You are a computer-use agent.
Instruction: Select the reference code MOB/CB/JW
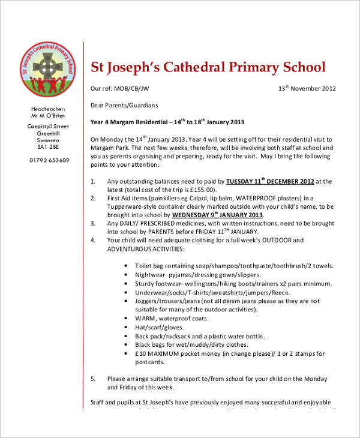pyautogui.click(x=133, y=88)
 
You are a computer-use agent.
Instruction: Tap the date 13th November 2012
pyautogui.click(x=307, y=88)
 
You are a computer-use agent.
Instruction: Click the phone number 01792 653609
pyautogui.click(x=49, y=160)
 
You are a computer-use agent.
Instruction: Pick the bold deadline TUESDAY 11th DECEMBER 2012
pyautogui.click(x=270, y=181)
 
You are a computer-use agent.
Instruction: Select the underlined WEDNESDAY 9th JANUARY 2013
pyautogui.click(x=218, y=214)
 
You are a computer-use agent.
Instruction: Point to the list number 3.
pyautogui.click(x=92, y=223)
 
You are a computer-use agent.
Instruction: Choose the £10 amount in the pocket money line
pyautogui.click(x=141, y=354)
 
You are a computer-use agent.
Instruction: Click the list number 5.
pyautogui.click(x=92, y=379)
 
